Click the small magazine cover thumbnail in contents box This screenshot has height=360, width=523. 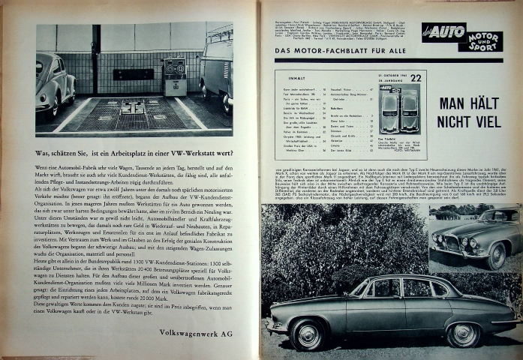click(x=400, y=108)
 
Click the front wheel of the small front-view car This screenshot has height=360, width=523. click(x=494, y=256)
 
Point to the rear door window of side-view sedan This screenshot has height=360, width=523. click(x=416, y=289)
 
